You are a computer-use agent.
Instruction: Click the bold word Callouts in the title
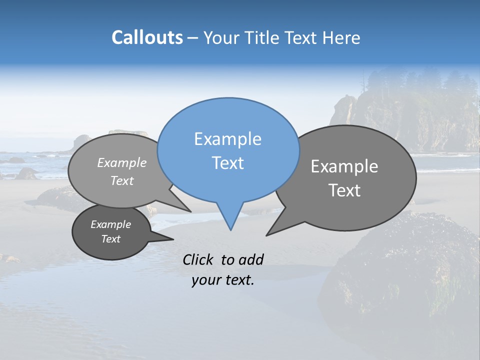(x=147, y=37)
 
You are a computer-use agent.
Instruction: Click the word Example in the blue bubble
(x=227, y=139)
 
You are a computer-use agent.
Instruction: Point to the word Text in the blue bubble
(x=227, y=163)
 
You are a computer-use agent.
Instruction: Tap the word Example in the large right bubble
(x=344, y=166)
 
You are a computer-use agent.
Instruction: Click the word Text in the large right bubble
(x=344, y=190)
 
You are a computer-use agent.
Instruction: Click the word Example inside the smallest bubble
(x=110, y=224)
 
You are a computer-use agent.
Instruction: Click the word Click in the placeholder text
(x=199, y=259)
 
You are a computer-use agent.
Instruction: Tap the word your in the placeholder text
(x=207, y=280)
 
